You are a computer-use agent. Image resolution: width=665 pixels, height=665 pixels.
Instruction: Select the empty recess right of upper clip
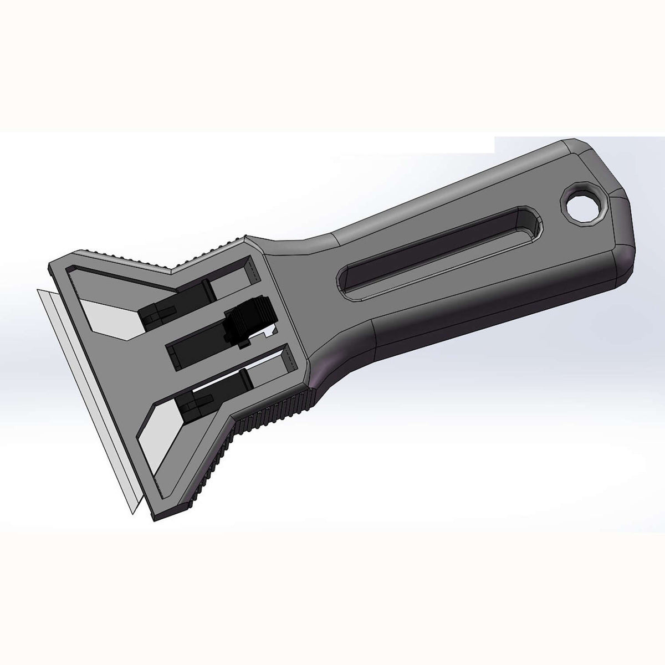click(x=230, y=283)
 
